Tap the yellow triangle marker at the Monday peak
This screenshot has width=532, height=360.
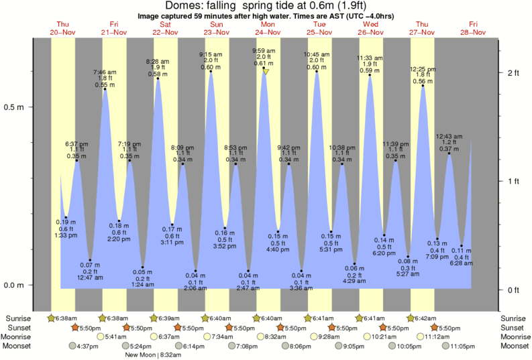266,71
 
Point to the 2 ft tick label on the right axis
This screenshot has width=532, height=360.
513,72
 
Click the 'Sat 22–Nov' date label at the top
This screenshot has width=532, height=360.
165,27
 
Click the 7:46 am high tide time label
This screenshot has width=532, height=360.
105,72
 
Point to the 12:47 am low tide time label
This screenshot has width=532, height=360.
90,277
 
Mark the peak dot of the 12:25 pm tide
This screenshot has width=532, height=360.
423,86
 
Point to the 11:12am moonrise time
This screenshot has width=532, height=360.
438,337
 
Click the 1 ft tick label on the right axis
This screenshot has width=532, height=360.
513,181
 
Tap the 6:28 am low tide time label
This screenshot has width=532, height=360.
462,263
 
